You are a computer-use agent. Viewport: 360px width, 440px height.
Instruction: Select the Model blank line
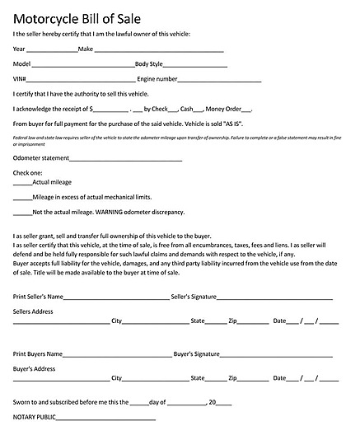pos(83,65)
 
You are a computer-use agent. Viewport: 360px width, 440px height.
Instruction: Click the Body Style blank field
pos(195,65)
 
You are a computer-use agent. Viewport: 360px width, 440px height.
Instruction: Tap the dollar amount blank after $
pos(111,110)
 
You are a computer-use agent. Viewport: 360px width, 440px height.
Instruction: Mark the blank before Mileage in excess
pos(22,199)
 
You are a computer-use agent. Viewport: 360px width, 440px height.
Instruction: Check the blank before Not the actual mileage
pos(22,213)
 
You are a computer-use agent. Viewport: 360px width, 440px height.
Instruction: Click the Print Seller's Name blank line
pos(115,297)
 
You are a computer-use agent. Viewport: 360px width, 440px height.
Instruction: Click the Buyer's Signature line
pos(277,355)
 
